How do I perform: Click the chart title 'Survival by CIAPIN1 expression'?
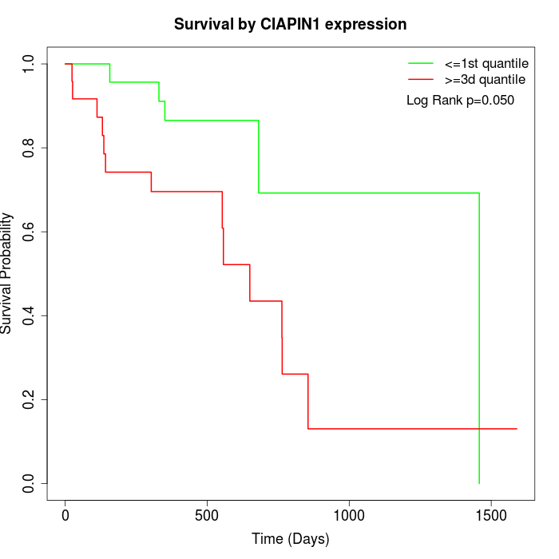coord(291,25)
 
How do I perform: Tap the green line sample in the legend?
coord(420,63)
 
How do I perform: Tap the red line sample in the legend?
coord(420,80)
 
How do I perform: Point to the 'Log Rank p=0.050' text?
coord(460,101)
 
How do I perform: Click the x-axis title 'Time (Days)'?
coord(291,539)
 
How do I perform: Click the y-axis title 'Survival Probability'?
coord(7,273)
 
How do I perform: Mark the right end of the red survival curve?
coord(517,429)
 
